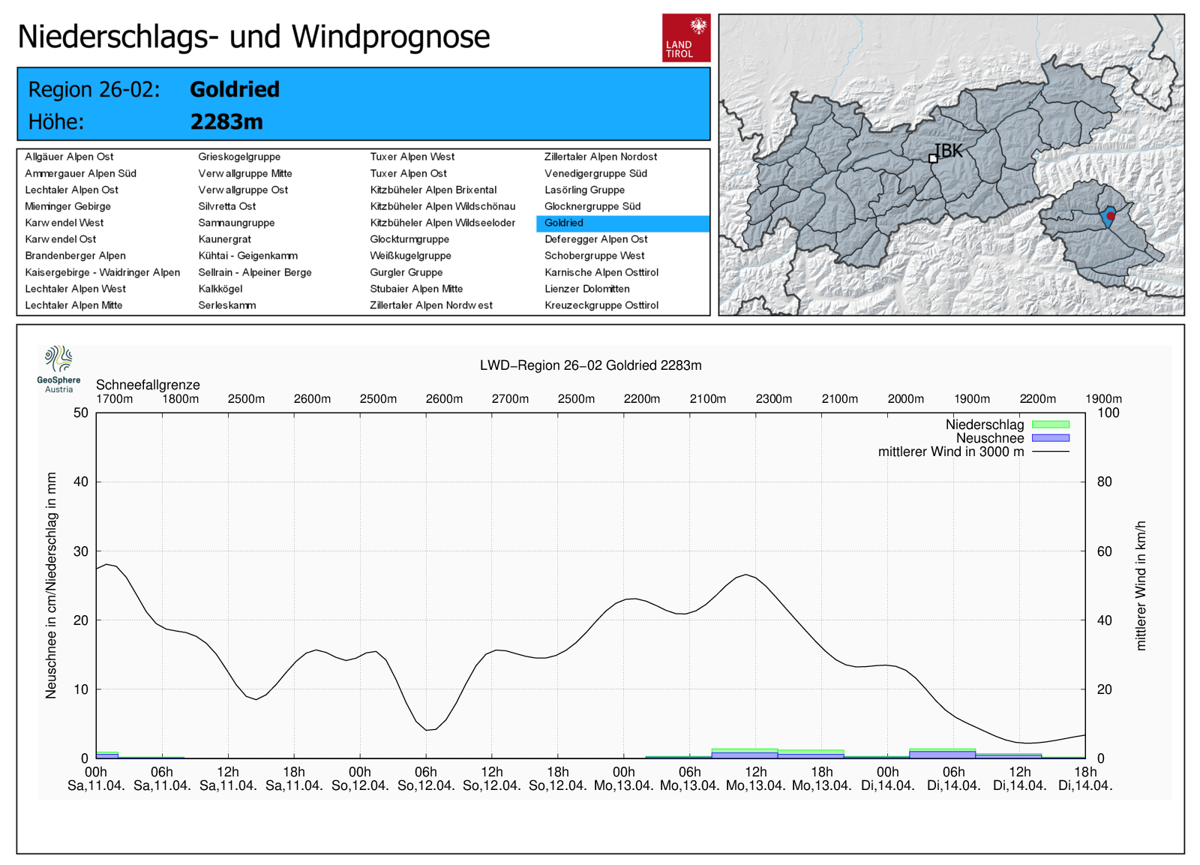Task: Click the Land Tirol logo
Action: point(685,38)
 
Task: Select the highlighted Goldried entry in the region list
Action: point(564,223)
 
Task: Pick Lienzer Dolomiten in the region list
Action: point(586,289)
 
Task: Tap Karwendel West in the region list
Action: point(64,223)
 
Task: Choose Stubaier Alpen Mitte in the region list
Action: point(416,289)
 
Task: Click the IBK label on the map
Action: point(948,151)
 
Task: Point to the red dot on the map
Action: point(1111,216)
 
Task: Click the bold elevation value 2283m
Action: point(226,122)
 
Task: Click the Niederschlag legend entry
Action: point(985,425)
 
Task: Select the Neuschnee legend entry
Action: point(990,438)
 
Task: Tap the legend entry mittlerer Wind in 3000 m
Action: point(951,452)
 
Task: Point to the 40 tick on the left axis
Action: point(81,482)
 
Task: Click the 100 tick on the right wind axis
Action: point(1108,413)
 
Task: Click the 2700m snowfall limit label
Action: point(510,399)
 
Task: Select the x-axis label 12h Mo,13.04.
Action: point(755,779)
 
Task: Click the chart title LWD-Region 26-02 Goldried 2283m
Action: point(590,365)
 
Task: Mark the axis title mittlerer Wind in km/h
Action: point(1141,585)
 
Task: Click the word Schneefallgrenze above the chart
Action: point(148,385)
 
